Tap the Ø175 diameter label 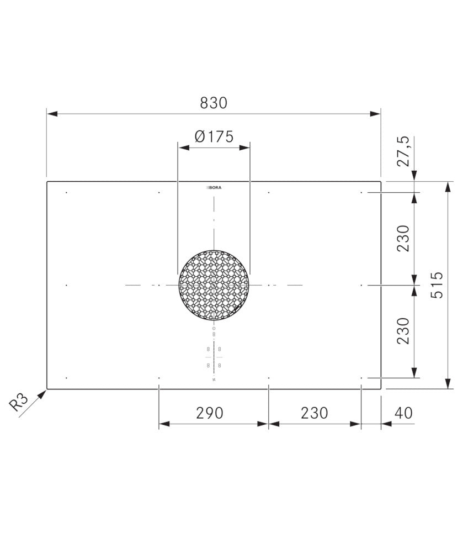pos(214,136)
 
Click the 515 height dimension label pos(437,284)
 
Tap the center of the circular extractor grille pos(214,285)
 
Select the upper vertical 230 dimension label pos(405,238)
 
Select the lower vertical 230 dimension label pos(405,330)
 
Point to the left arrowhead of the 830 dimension pos(50,114)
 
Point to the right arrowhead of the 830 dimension pos(377,114)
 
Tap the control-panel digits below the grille pos(214,357)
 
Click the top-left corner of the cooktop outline pos(47,182)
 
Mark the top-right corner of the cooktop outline pos(380,182)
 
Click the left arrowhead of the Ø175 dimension pos(182,147)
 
